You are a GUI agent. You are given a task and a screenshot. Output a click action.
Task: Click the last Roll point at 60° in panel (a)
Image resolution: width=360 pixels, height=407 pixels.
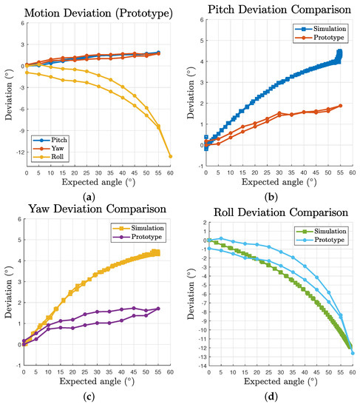click(x=171, y=156)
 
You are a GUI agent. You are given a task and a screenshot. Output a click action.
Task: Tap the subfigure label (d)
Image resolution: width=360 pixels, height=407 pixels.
click(x=276, y=400)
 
